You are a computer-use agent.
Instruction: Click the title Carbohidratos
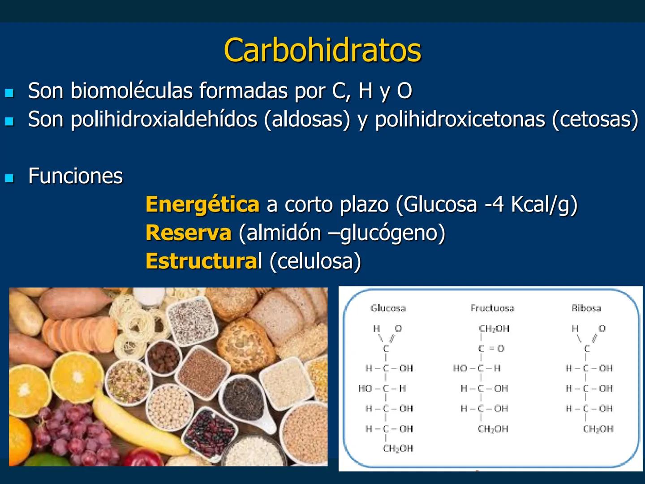click(322, 50)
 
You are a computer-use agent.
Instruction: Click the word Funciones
click(75, 176)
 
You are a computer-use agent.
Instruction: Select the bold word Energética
click(202, 204)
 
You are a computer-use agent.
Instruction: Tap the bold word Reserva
click(189, 233)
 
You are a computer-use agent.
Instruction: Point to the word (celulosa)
click(315, 261)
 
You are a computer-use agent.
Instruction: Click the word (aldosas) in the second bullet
click(307, 119)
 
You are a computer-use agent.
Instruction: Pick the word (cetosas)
click(595, 119)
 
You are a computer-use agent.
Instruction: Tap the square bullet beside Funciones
click(9, 178)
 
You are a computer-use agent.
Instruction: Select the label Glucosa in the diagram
click(388, 308)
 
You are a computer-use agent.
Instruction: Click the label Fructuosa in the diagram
click(492, 308)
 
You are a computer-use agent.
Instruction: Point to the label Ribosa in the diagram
click(586, 308)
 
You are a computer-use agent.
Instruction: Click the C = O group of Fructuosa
click(491, 349)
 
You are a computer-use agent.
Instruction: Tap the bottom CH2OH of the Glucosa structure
click(398, 449)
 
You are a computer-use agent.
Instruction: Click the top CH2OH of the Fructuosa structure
click(494, 328)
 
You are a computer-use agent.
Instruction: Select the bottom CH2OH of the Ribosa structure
click(598, 429)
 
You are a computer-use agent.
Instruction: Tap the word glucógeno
click(392, 233)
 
